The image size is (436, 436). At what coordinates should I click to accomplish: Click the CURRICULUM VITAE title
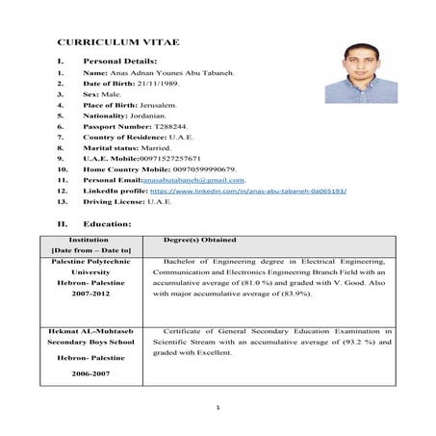point(106,45)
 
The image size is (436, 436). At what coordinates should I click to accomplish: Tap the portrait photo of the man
point(371,71)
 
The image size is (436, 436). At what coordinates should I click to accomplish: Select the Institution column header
point(95,238)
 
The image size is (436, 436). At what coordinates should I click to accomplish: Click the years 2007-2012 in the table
point(95,295)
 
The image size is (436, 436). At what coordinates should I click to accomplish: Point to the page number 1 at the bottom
point(218,408)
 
